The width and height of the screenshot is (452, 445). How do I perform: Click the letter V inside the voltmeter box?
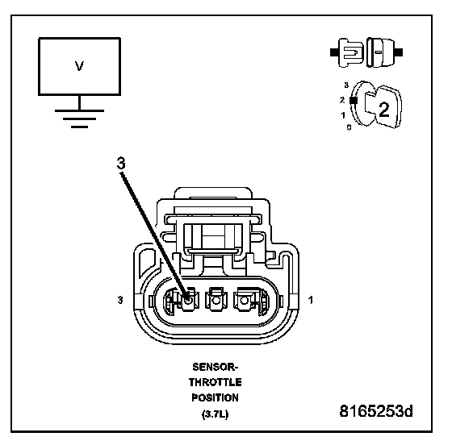click(79, 66)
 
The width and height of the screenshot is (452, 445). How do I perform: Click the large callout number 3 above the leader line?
click(121, 163)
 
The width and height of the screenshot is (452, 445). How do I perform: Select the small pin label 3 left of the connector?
click(120, 300)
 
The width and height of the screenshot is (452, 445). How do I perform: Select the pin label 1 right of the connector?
click(311, 300)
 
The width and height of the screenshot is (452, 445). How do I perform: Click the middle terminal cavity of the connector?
click(216, 300)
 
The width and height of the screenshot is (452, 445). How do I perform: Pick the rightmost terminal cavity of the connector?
click(245, 300)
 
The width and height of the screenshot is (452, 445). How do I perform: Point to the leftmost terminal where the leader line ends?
click(187, 300)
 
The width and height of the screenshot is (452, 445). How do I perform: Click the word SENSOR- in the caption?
click(215, 367)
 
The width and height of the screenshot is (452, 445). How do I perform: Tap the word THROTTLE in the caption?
click(215, 382)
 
